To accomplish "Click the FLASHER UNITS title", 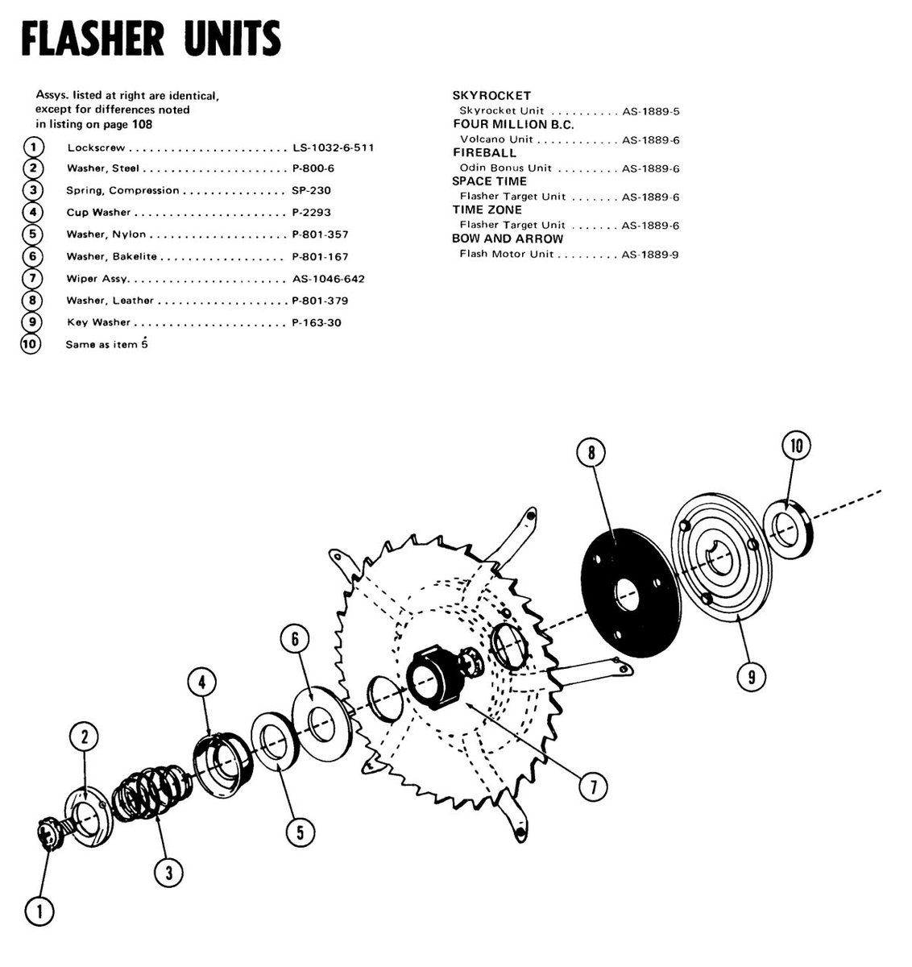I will click(151, 38).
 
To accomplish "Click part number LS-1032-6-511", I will click(333, 147).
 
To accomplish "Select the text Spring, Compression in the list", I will click(122, 191).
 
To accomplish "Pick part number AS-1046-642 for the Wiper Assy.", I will click(329, 279).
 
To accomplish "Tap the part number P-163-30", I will click(317, 322).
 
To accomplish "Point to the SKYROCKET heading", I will click(491, 95).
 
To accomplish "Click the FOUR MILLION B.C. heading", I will click(513, 124).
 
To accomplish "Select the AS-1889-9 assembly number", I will click(650, 254).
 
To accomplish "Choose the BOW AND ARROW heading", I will click(507, 239).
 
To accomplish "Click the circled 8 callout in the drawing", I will click(591, 453).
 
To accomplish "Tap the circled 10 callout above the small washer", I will click(797, 445).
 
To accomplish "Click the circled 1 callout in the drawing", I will click(39, 911).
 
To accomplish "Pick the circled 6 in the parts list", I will click(32, 256).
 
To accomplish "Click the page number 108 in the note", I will click(142, 124).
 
